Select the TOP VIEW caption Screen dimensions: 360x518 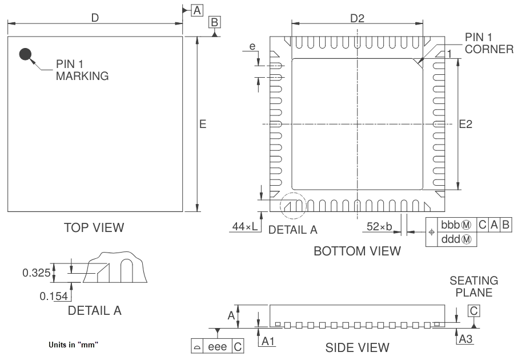pos(94,227)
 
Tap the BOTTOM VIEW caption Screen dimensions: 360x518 pos(357,251)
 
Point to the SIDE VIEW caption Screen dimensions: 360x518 pos(357,347)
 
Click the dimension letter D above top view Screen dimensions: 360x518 pos(95,18)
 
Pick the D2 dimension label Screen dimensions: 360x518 pos(357,18)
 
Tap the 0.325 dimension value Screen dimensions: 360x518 pos(35,273)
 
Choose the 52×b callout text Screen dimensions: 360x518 pos(379,227)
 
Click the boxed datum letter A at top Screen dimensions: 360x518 pos(197,10)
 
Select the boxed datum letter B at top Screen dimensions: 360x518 pos(214,22)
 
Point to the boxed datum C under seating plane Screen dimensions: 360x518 pos(473,311)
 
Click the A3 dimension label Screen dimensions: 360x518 pos(466,339)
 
